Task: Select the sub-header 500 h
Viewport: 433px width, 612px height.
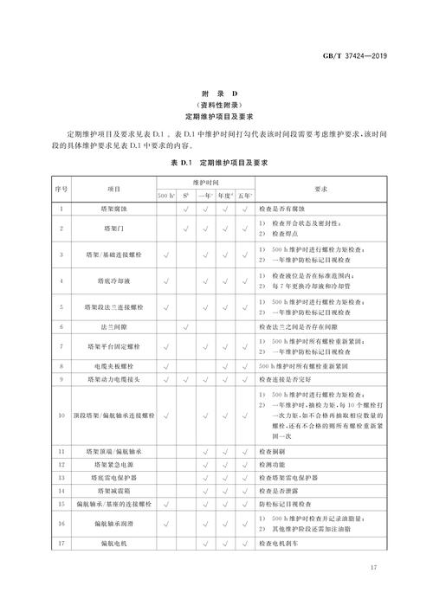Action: coord(167,196)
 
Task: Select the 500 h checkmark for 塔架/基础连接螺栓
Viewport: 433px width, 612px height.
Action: coord(167,254)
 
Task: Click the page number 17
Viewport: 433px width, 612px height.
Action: coord(374,592)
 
